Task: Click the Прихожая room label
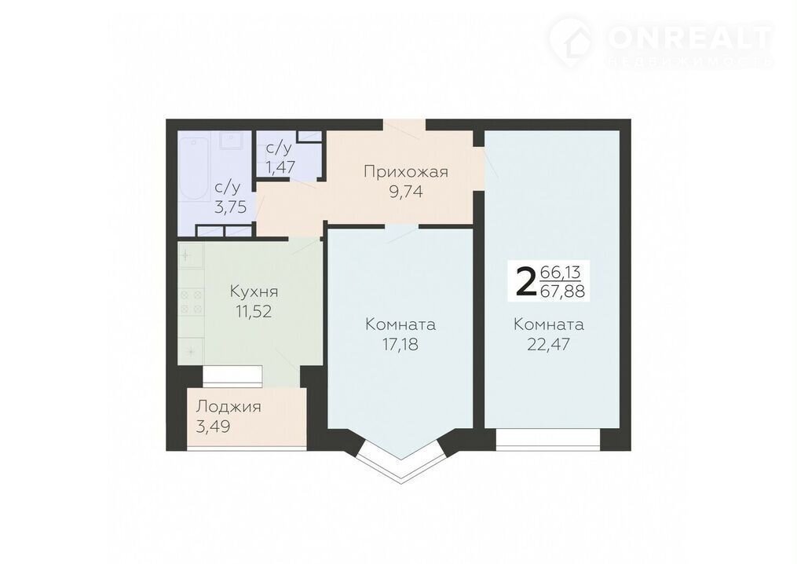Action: [x=406, y=172]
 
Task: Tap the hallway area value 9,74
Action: [x=406, y=192]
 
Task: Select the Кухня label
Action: [x=254, y=292]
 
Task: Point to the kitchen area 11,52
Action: [x=254, y=311]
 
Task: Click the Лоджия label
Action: [x=228, y=407]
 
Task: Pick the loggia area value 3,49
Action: [x=214, y=427]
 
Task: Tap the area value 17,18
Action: [x=400, y=344]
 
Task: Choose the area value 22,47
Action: [x=548, y=344]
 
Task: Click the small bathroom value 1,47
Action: [x=280, y=167]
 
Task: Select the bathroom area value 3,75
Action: [x=230, y=207]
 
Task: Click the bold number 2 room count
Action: [x=525, y=282]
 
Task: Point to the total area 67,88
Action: [x=562, y=291]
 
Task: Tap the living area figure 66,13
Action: [x=560, y=273]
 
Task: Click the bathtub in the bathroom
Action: [x=194, y=168]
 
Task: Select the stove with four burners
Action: [x=191, y=302]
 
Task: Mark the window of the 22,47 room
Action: [x=548, y=440]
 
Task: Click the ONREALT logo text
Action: [x=690, y=37]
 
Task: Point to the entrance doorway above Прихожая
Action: [x=404, y=125]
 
